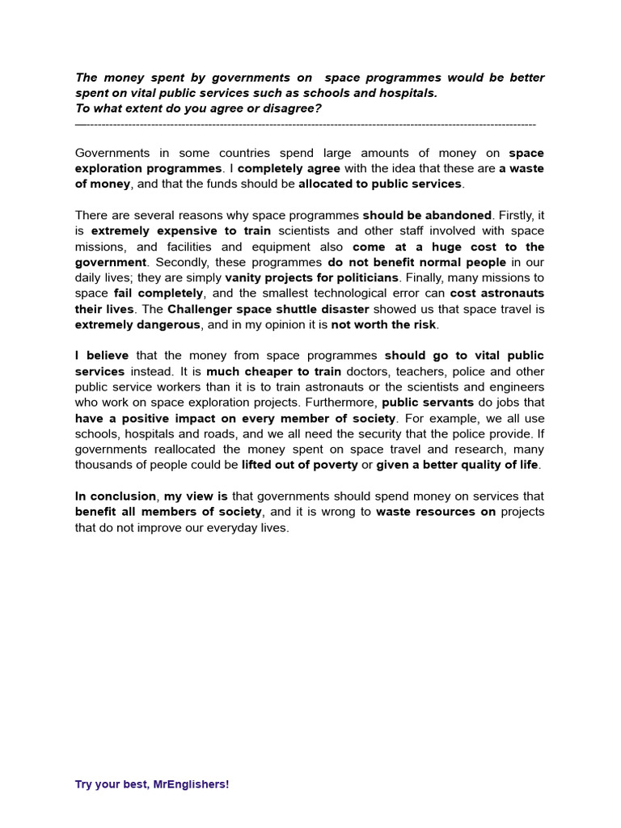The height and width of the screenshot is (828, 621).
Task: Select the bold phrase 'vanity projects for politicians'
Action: [311, 278]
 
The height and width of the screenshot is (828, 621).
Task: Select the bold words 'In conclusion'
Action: [116, 496]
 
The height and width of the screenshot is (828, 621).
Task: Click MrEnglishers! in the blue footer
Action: [191, 784]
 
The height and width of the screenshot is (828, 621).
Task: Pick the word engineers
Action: [515, 387]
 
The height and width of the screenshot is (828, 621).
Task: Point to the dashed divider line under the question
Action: [305, 125]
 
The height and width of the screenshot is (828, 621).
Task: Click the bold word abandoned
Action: [457, 216]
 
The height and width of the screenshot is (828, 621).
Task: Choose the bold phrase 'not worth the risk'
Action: [383, 325]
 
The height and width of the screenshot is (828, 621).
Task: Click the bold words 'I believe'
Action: [102, 356]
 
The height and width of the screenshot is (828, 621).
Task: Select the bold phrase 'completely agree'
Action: [289, 169]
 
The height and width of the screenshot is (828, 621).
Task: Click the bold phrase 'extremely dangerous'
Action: [137, 325]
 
